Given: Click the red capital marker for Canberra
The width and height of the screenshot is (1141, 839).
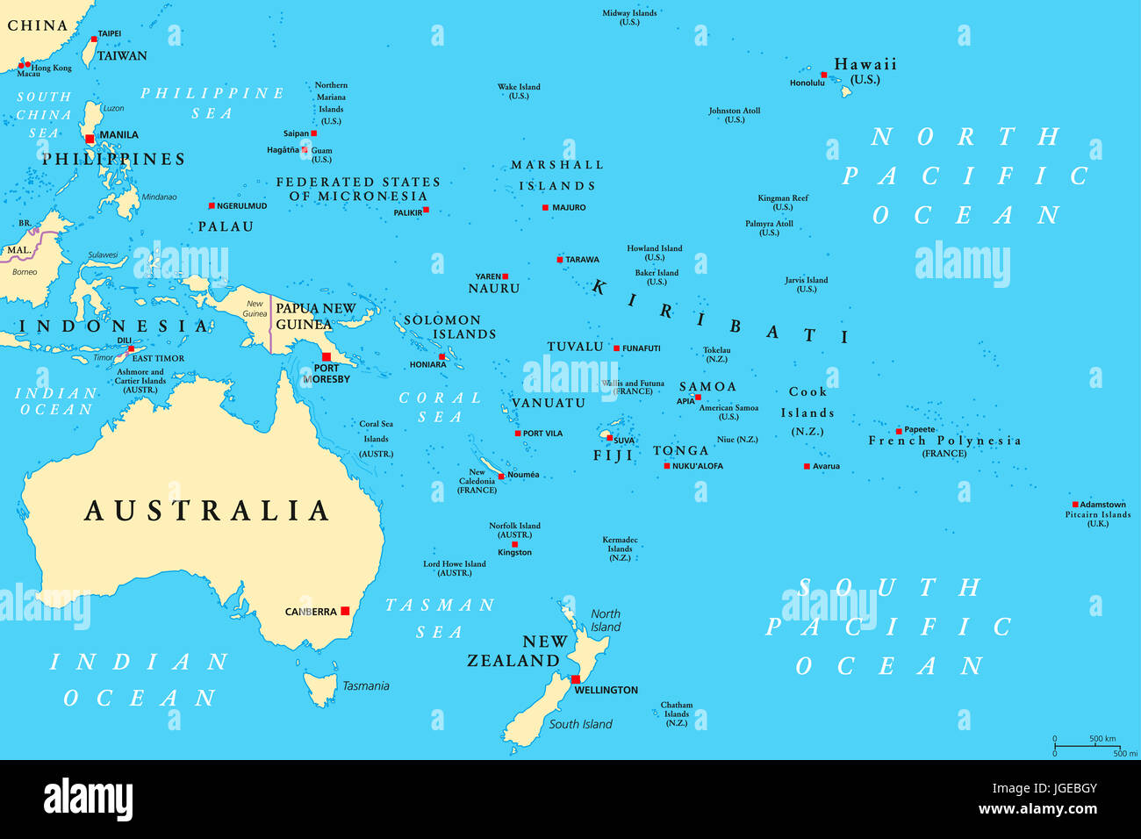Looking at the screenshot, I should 345,611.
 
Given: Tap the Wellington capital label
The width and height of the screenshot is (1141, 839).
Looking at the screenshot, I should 606,691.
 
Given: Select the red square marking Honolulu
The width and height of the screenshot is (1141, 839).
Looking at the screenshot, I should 823,75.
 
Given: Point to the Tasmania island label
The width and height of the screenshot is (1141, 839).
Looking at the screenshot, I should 365,686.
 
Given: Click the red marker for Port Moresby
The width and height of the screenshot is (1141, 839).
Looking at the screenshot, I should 326,356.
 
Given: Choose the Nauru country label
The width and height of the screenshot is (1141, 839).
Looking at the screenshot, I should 494,289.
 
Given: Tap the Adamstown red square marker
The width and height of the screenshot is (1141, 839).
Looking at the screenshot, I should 1074,505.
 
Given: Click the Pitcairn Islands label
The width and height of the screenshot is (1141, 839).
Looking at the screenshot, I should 1098,515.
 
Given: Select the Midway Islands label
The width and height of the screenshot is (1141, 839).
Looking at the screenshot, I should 629,13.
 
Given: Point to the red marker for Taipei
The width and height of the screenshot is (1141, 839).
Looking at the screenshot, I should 94,39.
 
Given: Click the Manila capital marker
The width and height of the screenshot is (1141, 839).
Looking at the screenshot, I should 90,139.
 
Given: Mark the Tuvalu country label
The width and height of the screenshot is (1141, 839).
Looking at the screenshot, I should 575,347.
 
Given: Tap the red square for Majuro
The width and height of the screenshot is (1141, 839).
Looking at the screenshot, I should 545,208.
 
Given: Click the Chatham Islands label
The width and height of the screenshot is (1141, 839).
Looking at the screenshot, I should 677,709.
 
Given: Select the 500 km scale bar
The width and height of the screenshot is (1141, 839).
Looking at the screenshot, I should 1087,746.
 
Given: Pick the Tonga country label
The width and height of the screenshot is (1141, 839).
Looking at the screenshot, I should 680,451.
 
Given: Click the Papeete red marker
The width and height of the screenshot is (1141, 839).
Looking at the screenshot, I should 899,431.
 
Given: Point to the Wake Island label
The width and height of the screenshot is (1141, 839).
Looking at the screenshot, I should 519,87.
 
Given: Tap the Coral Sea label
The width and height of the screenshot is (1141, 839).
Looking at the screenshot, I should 440,407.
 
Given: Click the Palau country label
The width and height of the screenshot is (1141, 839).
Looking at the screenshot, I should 226,226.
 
